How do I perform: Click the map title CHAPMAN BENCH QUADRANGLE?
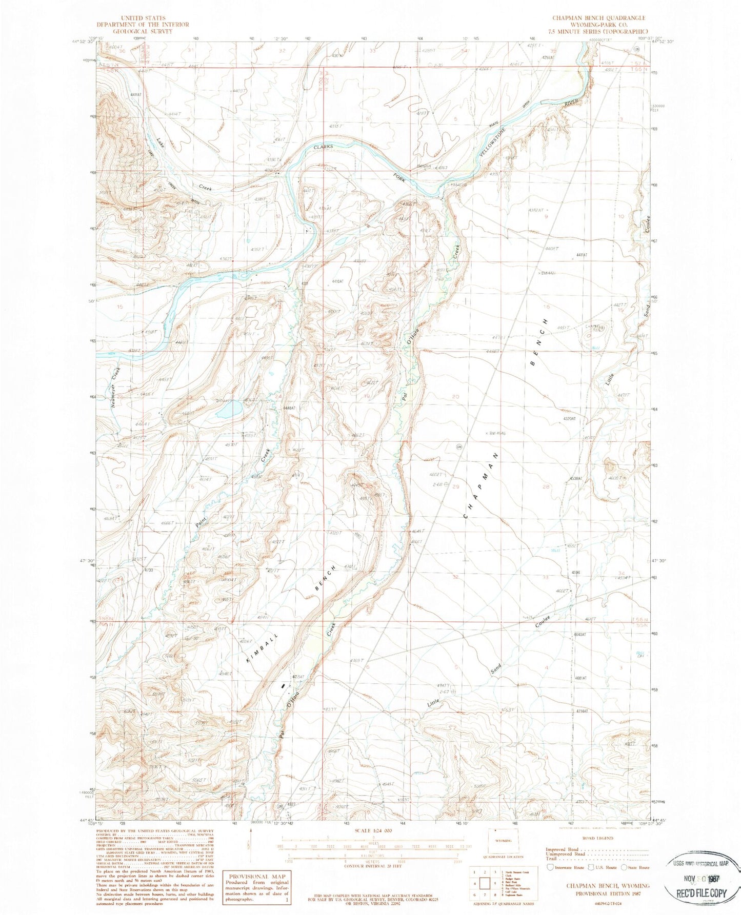pyautogui.click(x=598, y=17)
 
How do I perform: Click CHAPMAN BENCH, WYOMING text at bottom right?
pyautogui.click(x=608, y=886)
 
